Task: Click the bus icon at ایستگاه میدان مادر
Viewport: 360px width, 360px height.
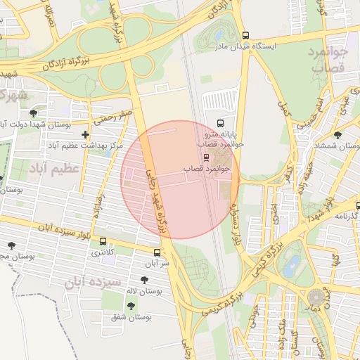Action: [x=245, y=35]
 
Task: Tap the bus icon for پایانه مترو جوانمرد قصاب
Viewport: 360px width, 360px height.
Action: [x=221, y=122]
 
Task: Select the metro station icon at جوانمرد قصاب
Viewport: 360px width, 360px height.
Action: [x=205, y=157]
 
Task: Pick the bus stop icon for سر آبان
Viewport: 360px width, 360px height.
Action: [x=156, y=252]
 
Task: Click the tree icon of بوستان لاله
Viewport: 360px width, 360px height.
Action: [x=144, y=279]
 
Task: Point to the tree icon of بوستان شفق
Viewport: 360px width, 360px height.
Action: [x=131, y=305]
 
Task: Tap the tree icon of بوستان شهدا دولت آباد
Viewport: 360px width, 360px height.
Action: [x=33, y=113]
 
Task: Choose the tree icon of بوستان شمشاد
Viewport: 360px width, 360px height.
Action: [x=337, y=134]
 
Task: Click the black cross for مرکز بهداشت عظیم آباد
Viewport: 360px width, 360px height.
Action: [x=86, y=134]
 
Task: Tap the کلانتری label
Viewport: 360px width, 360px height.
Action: [x=102, y=251]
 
